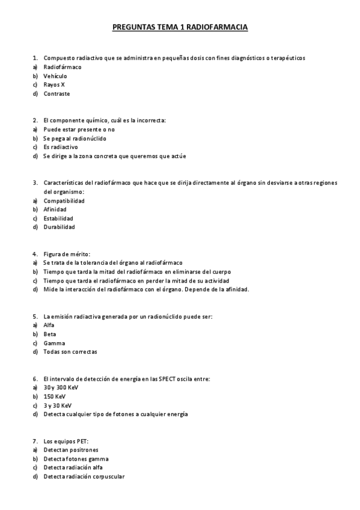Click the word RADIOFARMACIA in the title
click(x=218, y=27)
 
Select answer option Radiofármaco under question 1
click(x=62, y=67)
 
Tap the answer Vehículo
click(x=55, y=76)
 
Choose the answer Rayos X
click(x=54, y=85)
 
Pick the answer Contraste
click(x=56, y=94)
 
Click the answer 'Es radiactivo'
click(x=60, y=147)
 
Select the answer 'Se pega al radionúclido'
click(x=75, y=138)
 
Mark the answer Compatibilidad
click(x=64, y=200)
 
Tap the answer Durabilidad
click(x=59, y=227)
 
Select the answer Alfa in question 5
click(x=49, y=325)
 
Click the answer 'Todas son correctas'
click(x=70, y=352)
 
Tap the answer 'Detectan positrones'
click(x=70, y=449)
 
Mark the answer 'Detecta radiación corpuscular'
click(x=84, y=476)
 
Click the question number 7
click(x=35, y=441)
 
